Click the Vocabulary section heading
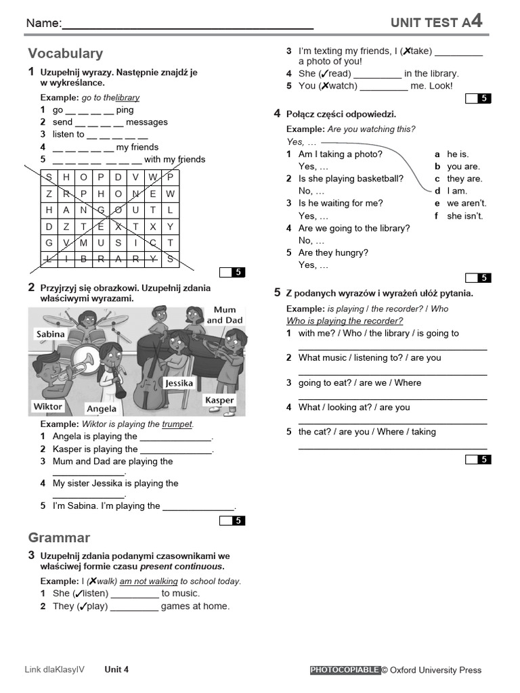[66, 53]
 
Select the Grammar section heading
[59, 538]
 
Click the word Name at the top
[43, 24]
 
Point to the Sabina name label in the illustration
[51, 334]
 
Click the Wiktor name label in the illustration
[48, 406]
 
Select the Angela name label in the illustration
[102, 409]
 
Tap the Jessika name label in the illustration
[179, 383]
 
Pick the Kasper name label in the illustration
[219, 400]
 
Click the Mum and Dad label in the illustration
[225, 315]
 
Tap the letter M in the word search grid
[83, 243]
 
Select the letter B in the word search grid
[83, 259]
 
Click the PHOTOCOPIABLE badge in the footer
[345, 670]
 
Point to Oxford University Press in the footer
[435, 670]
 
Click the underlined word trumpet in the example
[177, 424]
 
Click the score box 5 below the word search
[232, 273]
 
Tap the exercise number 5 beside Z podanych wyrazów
[278, 292]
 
